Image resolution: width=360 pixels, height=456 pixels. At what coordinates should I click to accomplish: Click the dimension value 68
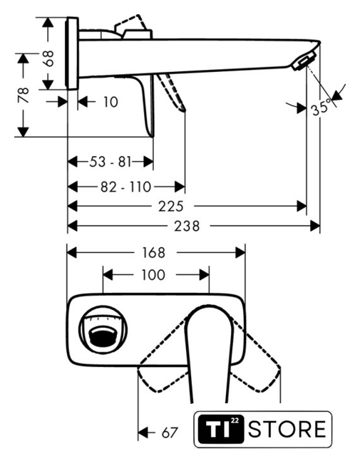pyautogui.click(x=49, y=58)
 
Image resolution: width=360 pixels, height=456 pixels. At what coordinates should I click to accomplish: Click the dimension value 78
pyautogui.click(x=24, y=95)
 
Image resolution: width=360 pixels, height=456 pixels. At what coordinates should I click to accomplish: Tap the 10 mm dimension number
pyautogui.click(x=111, y=102)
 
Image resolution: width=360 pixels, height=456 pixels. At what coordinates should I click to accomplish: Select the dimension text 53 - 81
pyautogui.click(x=110, y=162)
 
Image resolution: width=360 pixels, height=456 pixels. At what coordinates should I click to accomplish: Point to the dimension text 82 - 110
pyautogui.click(x=125, y=187)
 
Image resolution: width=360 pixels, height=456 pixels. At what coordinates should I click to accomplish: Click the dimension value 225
pyautogui.click(x=171, y=207)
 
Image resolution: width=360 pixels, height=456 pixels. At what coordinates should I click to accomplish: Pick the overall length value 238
pyautogui.click(x=187, y=226)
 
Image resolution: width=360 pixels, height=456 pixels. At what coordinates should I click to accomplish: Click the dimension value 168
pyautogui.click(x=153, y=252)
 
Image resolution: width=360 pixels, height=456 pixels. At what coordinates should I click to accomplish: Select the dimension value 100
pyautogui.click(x=153, y=275)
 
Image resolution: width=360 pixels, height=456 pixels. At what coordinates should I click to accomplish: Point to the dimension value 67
pyautogui.click(x=170, y=432)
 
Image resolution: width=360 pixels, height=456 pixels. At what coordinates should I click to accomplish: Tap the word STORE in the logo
pyautogui.click(x=287, y=429)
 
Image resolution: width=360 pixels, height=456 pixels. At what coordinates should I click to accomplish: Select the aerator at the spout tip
pyautogui.click(x=304, y=61)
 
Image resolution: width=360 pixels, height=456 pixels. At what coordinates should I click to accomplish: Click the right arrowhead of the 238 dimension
pyautogui.click(x=315, y=226)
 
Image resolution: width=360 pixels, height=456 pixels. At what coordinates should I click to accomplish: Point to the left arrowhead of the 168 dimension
pyautogui.click(x=72, y=252)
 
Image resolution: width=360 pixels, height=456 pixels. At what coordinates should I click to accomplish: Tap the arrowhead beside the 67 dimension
pyautogui.click(x=143, y=432)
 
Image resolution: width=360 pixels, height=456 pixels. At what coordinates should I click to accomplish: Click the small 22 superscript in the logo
pyautogui.click(x=235, y=420)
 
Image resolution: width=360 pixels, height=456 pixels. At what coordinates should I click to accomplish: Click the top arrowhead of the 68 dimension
pyautogui.click(x=48, y=22)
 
